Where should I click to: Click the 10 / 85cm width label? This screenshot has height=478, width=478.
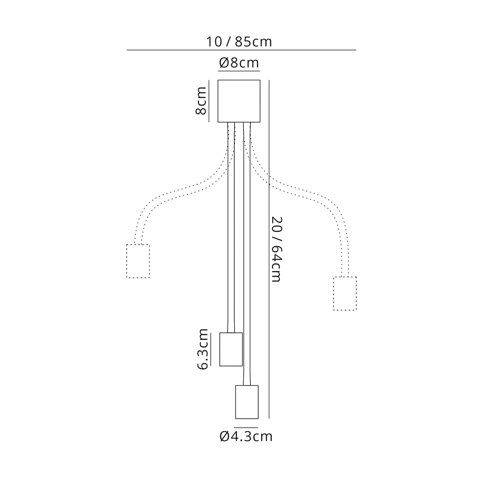pyautogui.click(x=239, y=42)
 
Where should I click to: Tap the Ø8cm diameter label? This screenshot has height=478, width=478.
pyautogui.click(x=239, y=63)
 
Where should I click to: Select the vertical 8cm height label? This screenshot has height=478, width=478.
pyautogui.click(x=201, y=101)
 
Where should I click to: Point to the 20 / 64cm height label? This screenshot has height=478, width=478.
pyautogui.click(x=276, y=250)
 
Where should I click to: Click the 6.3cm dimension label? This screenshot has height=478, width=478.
pyautogui.click(x=202, y=349)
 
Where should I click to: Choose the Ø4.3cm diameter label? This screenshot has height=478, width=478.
pyautogui.click(x=246, y=436)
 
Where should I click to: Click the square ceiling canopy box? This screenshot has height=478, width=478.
pyautogui.click(x=239, y=101)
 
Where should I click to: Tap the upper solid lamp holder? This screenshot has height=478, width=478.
pyautogui.click(x=231, y=349)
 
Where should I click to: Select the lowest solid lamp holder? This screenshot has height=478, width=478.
pyautogui.click(x=247, y=402)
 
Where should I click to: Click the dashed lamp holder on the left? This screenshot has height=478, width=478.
pyautogui.click(x=138, y=261)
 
